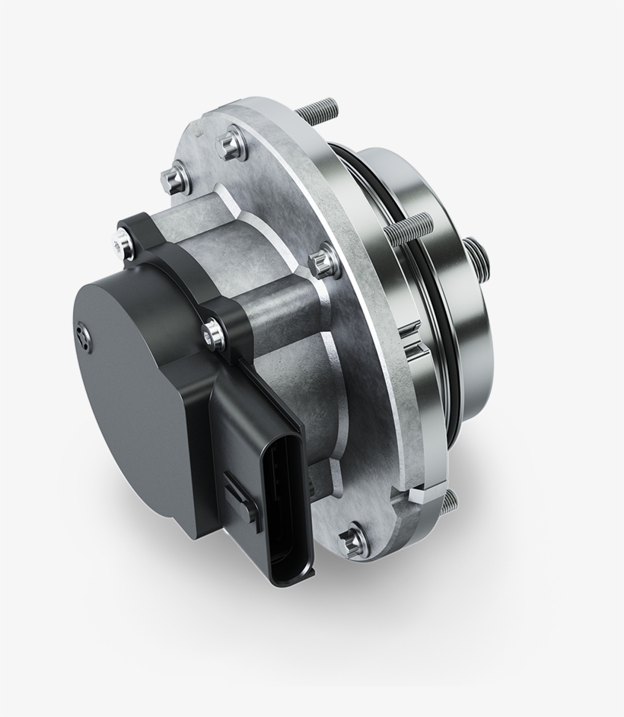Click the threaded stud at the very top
point(315,113)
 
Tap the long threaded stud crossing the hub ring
point(411,228)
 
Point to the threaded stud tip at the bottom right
point(450,499)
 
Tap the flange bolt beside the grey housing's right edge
point(325,261)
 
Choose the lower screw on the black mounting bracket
point(214,333)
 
